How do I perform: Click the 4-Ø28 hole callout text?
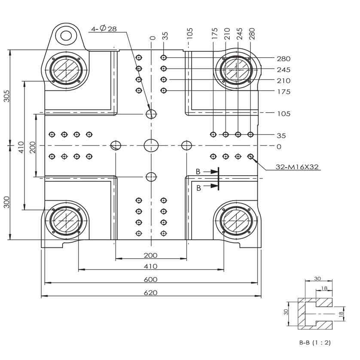pyautogui.click(x=104, y=28)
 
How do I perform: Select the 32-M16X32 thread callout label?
pyautogui.click(x=297, y=167)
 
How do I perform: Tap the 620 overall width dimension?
pyautogui.click(x=151, y=293)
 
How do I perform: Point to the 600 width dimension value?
pyautogui.click(x=151, y=279)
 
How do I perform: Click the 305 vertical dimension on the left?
pyautogui.click(x=7, y=96)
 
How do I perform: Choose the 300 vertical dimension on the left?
pyautogui.click(x=7, y=202)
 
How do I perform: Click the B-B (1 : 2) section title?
pyautogui.click(x=315, y=342)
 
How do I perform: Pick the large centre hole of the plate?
pyautogui.click(x=151, y=145)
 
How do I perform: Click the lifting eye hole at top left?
pyautogui.click(x=66, y=36)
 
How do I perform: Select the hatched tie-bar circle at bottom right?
pyautogui.click(x=236, y=220)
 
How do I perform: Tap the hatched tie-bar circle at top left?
pyautogui.click(x=66, y=70)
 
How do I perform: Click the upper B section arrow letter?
pyautogui.click(x=198, y=171)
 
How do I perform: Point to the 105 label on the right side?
pyautogui.click(x=284, y=114)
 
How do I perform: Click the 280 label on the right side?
pyautogui.click(x=284, y=59)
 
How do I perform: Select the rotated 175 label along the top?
pyautogui.click(x=215, y=34)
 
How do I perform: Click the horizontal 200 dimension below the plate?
pyautogui.click(x=151, y=255)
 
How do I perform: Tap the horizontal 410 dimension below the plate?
pyautogui.click(x=151, y=266)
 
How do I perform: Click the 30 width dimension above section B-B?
pyautogui.click(x=317, y=278)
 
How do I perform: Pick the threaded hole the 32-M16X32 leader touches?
pyautogui.click(x=250, y=156)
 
